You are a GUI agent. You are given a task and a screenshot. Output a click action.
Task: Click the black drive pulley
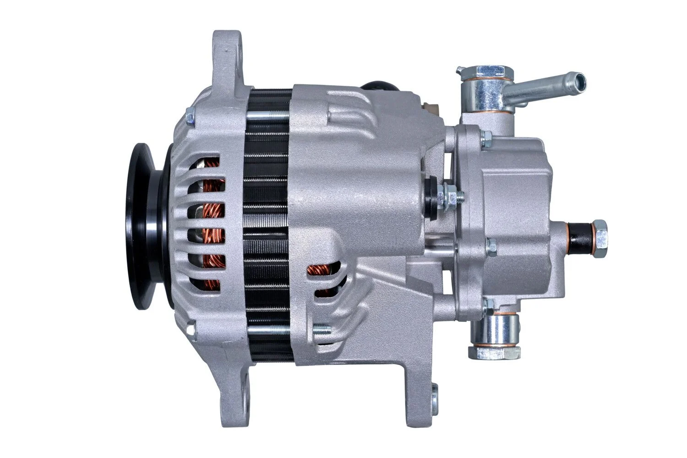(146, 227)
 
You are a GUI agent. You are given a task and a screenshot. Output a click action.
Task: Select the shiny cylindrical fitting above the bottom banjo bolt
(500, 327)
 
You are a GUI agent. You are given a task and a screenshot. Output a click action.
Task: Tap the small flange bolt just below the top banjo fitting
(486, 136)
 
